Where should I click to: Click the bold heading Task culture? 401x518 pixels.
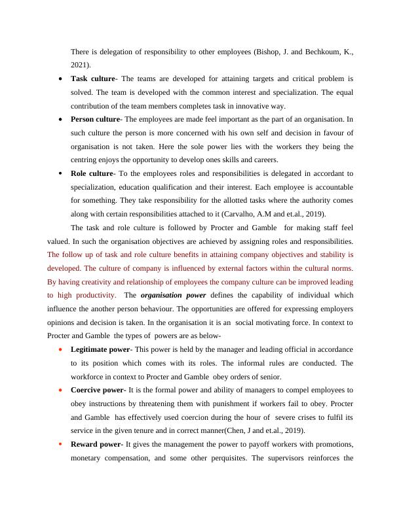[x=92, y=78]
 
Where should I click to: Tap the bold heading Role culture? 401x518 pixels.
[x=92, y=173]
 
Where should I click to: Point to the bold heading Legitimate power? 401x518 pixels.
[x=100, y=349]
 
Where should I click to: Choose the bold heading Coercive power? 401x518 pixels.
[x=97, y=390]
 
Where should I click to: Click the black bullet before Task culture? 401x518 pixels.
[x=60, y=78]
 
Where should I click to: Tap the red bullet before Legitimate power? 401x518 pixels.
[x=60, y=349]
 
